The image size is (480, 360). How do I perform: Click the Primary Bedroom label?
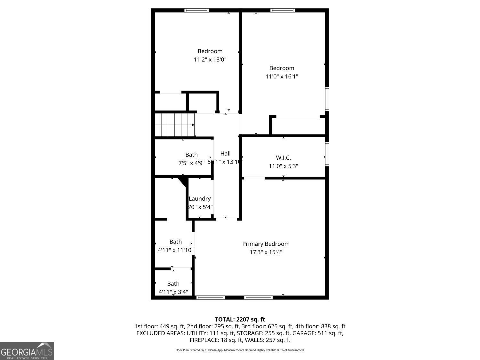[266, 244]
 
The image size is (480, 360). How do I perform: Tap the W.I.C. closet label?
[283, 158]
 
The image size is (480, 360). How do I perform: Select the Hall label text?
[225, 154]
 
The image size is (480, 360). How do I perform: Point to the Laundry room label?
[199, 199]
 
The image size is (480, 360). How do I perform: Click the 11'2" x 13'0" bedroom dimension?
[210, 60]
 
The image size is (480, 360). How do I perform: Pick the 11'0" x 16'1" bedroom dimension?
[282, 76]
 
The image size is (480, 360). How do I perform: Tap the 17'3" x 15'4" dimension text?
[266, 252]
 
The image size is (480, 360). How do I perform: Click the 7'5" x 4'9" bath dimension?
[191, 163]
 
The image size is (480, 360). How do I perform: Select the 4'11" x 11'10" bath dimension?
[175, 250]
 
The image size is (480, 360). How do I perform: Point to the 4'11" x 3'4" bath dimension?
[173, 292]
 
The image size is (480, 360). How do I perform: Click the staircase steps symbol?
[175, 125]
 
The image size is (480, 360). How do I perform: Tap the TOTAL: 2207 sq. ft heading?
[240, 319]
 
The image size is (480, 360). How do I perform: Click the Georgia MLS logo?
[27, 351]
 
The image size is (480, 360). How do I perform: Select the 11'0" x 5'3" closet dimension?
[283, 166]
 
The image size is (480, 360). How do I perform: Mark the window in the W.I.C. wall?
[327, 154]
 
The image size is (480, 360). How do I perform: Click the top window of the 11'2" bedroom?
[197, 10]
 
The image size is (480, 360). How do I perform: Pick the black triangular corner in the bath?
[183, 182]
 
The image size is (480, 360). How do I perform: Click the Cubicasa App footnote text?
[240, 350]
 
